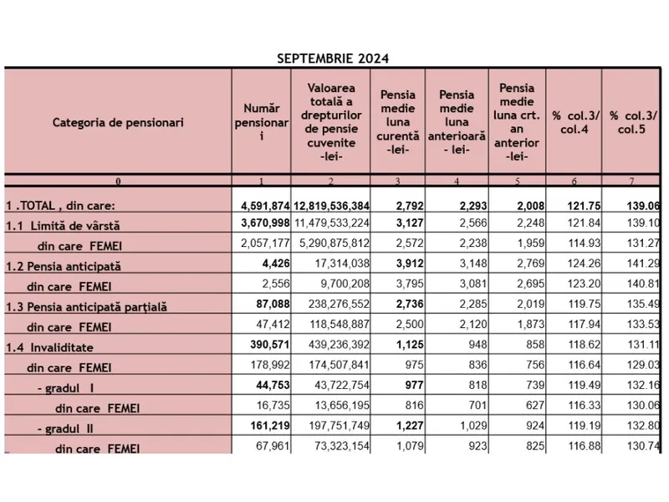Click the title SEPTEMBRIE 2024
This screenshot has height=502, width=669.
click(332, 59)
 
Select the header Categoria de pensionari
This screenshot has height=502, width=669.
click(118, 122)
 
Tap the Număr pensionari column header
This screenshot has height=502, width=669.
click(261, 122)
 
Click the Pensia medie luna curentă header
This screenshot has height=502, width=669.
click(398, 122)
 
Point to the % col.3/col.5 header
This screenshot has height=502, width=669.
click(633, 122)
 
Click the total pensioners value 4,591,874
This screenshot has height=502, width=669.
click(261, 205)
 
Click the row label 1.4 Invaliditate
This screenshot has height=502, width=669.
click(62, 346)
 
